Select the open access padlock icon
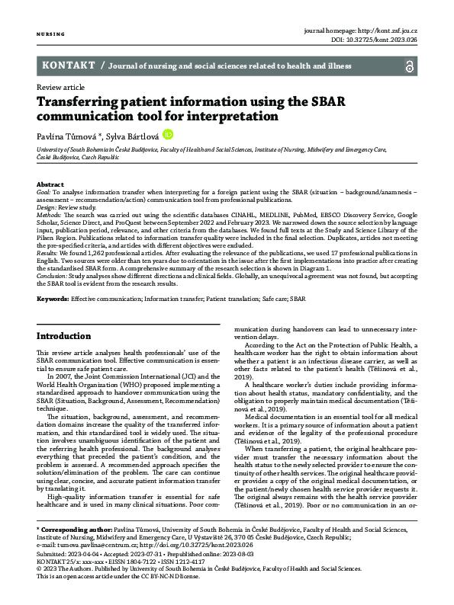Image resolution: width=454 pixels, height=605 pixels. pyautogui.click(x=410, y=66)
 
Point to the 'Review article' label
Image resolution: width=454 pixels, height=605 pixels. pyautogui.click(x=59, y=88)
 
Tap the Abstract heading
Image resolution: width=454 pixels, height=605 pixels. pyautogui.click(x=50, y=185)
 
